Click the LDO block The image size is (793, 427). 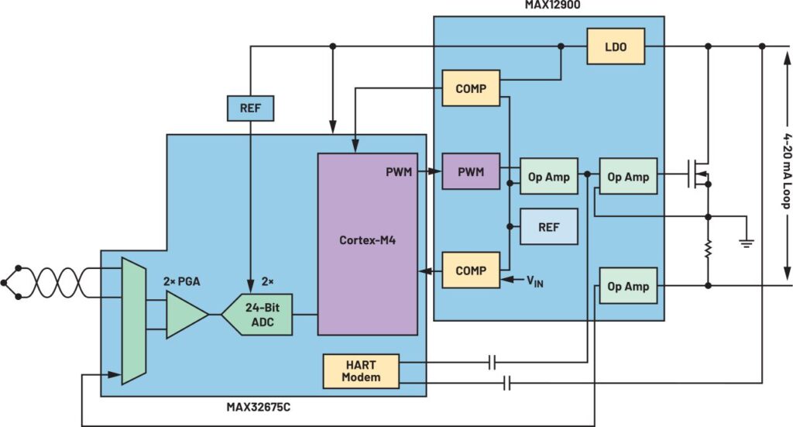(616, 46)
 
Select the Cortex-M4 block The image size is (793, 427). (368, 244)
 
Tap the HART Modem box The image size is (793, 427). (361, 371)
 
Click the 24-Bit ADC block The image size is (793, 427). (258, 314)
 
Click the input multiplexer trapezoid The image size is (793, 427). (134, 321)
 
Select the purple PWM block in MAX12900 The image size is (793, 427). (471, 171)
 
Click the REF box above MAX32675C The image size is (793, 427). (250, 108)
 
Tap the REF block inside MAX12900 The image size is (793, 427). (549, 226)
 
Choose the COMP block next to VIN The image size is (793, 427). (471, 270)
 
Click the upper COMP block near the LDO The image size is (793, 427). (471, 88)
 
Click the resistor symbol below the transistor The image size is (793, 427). (708, 249)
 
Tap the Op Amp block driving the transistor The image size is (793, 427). (628, 176)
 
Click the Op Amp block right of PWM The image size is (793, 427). (549, 176)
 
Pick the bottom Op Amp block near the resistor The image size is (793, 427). (628, 286)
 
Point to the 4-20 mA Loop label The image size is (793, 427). (787, 170)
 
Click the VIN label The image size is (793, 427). (535, 281)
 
